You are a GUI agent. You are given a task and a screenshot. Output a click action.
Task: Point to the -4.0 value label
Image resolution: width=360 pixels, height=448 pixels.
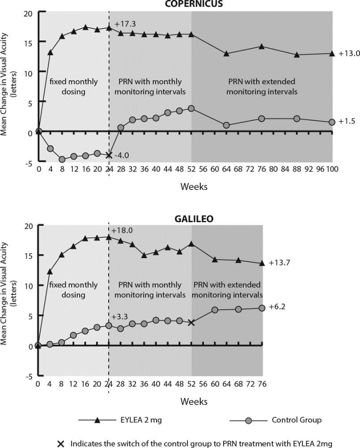(122, 156)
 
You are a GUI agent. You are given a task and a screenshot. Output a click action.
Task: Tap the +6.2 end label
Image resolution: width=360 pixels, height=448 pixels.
(277, 308)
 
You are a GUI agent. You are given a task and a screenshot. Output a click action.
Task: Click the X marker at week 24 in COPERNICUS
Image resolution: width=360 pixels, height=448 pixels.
(109, 155)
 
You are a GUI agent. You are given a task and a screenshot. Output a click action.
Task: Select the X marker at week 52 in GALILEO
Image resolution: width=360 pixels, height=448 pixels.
(191, 322)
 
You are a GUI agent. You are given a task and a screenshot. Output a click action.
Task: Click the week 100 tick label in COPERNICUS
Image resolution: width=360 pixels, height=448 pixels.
(331, 169)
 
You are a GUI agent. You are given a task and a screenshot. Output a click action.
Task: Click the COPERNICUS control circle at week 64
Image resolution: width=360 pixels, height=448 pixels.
(226, 125)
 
